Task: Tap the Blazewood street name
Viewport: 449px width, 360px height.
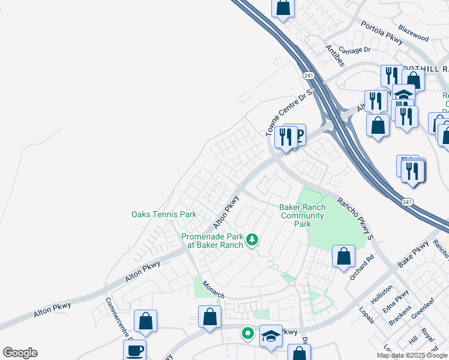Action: click(x=414, y=37)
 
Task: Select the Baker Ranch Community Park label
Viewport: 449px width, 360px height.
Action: click(x=303, y=215)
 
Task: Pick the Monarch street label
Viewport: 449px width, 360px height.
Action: click(x=213, y=288)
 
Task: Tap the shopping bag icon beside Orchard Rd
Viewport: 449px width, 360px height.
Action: click(x=343, y=257)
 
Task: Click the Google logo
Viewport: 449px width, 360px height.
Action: click(x=20, y=353)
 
